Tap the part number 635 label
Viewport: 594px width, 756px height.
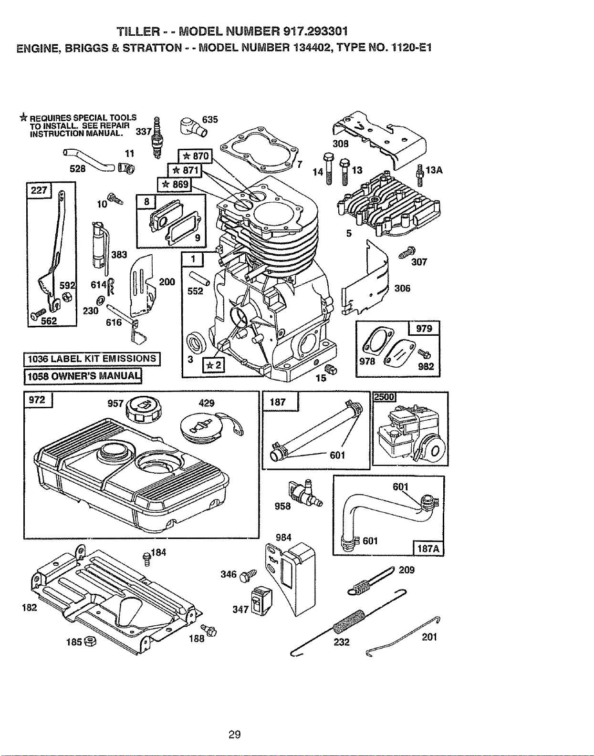[x=210, y=120]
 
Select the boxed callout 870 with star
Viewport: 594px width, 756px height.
[x=195, y=156]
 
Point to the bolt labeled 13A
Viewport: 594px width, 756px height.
[x=420, y=176]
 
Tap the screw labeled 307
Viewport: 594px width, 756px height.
[x=407, y=252]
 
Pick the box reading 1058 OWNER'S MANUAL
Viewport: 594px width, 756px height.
[x=83, y=377]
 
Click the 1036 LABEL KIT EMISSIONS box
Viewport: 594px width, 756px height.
[x=92, y=359]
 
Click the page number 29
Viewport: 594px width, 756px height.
[x=235, y=735]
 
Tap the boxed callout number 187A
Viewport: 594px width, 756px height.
[x=428, y=549]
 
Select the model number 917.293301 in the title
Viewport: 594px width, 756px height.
[x=316, y=31]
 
